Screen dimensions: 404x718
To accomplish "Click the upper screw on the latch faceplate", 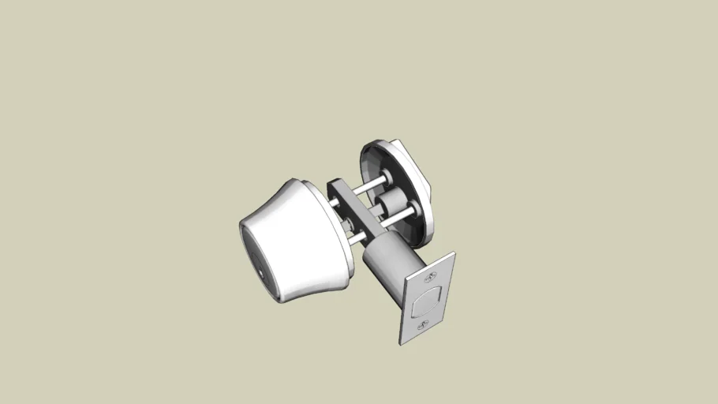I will point(432,277).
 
